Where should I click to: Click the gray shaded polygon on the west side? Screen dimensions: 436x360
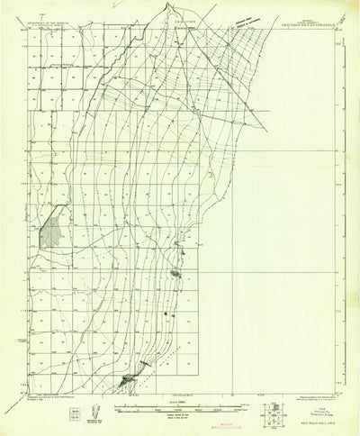(51, 233)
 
